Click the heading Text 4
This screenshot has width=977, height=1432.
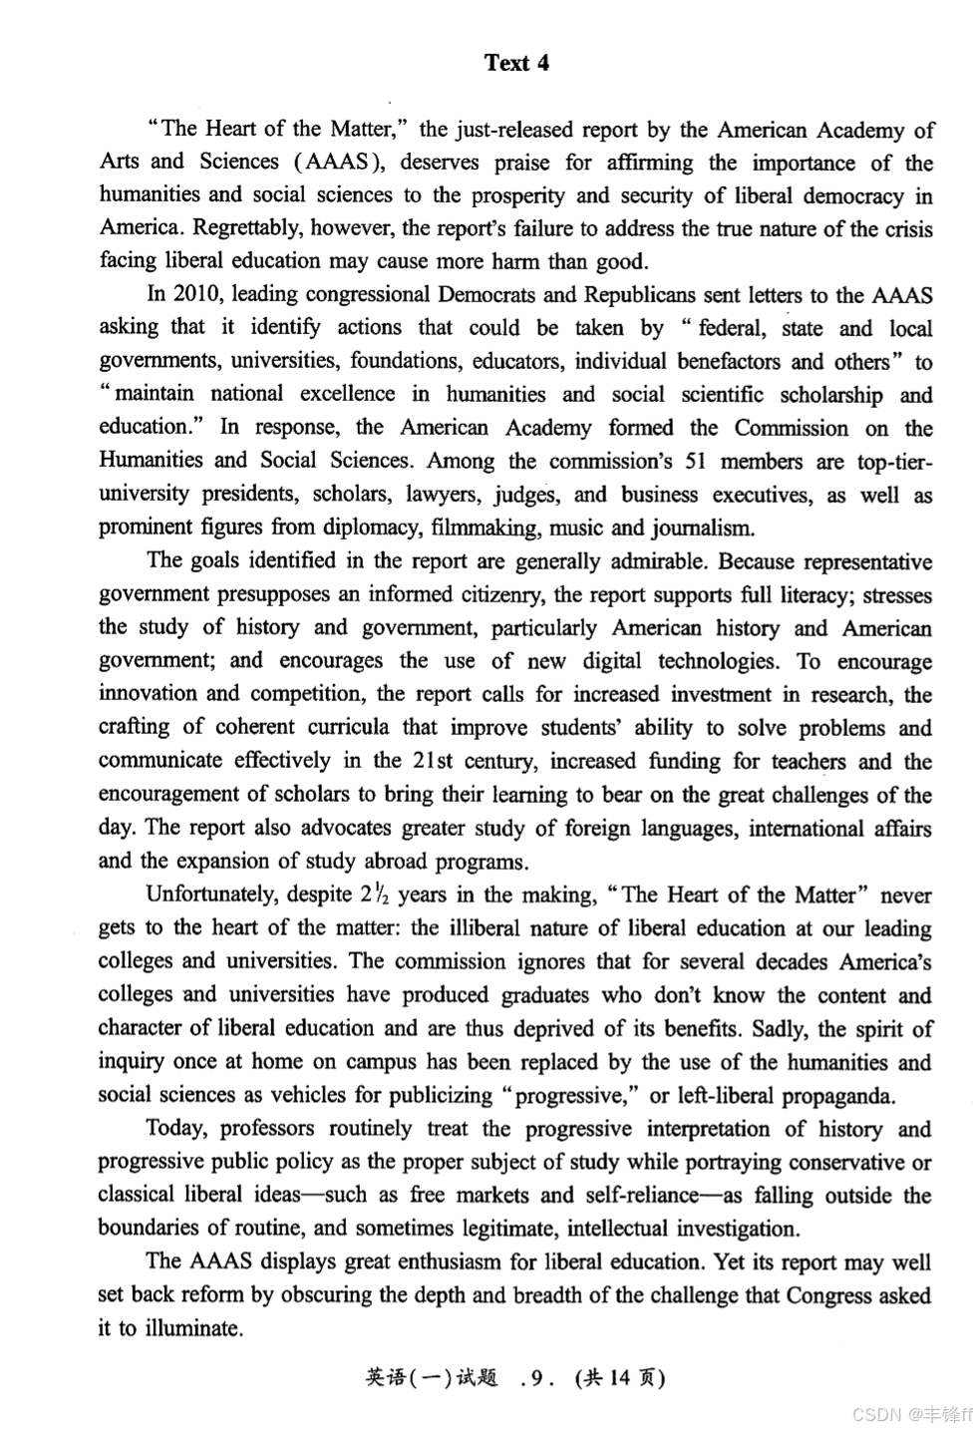pyautogui.click(x=516, y=63)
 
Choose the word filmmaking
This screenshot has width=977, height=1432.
pyautogui.click(x=484, y=527)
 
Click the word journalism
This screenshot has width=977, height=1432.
pyautogui.click(x=702, y=527)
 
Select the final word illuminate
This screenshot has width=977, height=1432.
pyautogui.click(x=194, y=1328)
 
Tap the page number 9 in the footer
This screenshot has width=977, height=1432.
pyautogui.click(x=537, y=1378)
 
